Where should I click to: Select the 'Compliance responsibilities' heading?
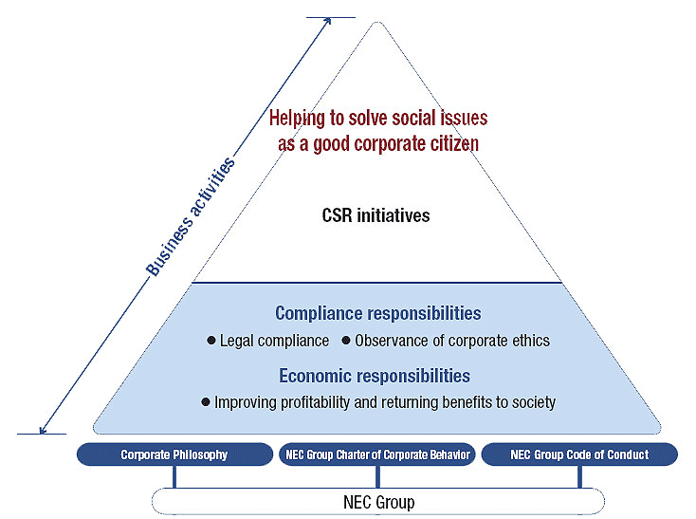377,313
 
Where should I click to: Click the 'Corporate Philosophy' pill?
174,455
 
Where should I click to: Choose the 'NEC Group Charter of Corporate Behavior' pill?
377,455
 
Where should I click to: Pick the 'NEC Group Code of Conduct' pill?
579,455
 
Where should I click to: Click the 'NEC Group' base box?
377,501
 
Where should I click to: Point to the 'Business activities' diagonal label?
189,217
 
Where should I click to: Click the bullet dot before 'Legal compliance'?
211,340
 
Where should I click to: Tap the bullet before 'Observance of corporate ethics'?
346,340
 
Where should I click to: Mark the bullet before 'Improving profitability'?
206,402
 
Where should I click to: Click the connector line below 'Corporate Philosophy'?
174,476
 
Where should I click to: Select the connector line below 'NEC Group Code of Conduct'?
579,476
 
